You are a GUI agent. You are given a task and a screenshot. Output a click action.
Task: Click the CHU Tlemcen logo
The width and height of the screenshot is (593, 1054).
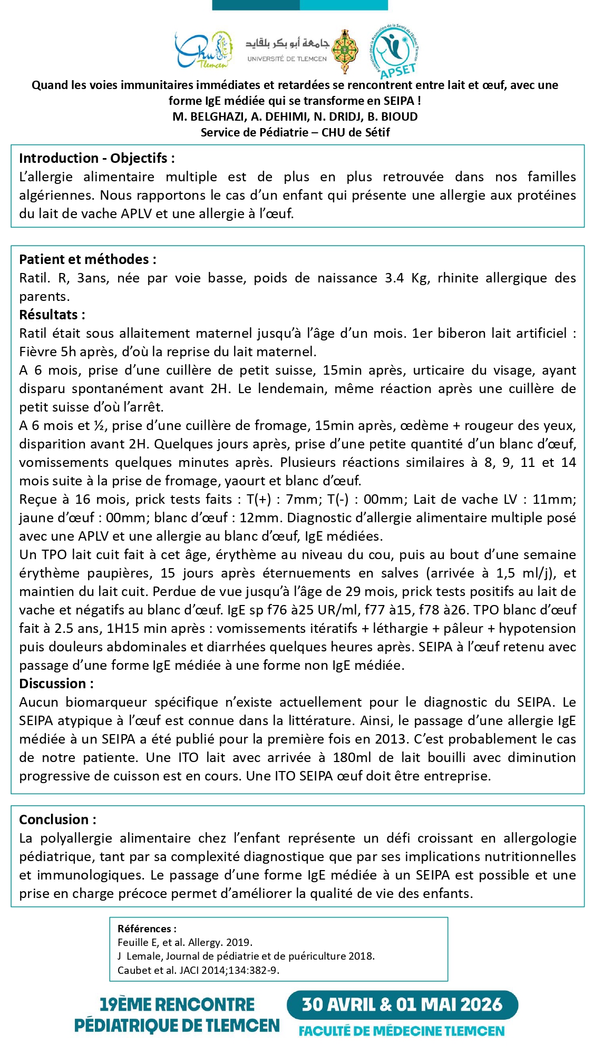click(204, 51)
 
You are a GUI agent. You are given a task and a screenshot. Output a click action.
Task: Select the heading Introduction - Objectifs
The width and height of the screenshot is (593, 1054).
click(97, 158)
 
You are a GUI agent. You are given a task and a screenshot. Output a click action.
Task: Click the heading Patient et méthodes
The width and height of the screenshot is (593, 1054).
click(88, 259)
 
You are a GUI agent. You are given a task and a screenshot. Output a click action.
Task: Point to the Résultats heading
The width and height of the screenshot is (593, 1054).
click(52, 315)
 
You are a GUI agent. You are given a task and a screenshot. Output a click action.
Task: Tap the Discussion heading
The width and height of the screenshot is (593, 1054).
click(56, 684)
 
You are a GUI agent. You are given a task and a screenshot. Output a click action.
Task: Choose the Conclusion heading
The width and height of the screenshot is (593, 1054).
click(58, 819)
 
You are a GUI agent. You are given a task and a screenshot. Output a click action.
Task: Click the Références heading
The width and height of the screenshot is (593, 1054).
click(147, 929)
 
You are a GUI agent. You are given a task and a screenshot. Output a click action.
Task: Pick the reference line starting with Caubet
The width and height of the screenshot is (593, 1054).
click(199, 970)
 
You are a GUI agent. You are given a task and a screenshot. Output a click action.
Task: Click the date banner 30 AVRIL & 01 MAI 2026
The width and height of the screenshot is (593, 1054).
click(402, 1004)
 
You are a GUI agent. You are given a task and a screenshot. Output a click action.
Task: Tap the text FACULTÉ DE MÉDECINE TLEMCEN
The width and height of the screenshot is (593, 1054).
click(402, 1031)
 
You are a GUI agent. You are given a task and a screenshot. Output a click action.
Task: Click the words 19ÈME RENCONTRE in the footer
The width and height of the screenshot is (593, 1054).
click(177, 1004)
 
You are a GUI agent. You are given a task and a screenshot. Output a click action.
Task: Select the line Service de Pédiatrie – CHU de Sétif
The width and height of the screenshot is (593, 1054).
click(295, 132)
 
